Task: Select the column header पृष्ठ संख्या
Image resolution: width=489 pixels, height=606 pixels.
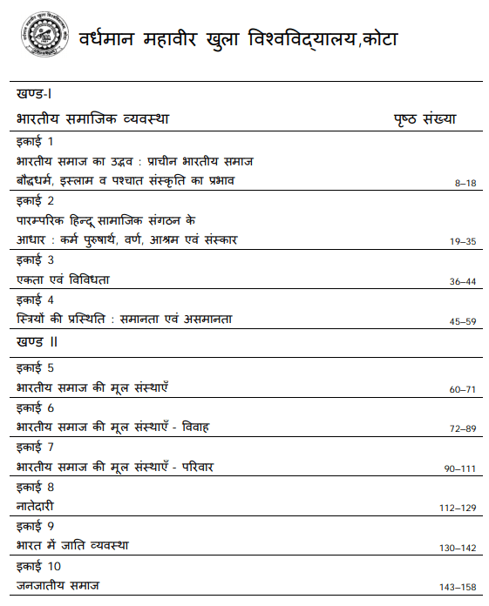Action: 425,118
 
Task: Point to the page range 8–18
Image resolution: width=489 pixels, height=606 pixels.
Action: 465,184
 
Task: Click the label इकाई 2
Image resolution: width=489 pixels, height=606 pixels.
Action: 35,201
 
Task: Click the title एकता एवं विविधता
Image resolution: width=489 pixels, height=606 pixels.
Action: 63,279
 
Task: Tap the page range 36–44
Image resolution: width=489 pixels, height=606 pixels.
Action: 462,282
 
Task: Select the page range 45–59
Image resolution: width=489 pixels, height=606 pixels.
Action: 462,322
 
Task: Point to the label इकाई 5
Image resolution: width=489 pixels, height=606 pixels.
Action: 35,367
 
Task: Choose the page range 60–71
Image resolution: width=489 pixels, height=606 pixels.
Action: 462,389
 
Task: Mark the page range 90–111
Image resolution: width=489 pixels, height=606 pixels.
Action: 459,469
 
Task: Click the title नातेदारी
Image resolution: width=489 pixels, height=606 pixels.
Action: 41,506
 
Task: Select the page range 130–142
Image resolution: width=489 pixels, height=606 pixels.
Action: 458,548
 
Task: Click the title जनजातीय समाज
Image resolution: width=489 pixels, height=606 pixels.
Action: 58,585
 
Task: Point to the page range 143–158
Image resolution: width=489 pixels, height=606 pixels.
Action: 458,588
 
